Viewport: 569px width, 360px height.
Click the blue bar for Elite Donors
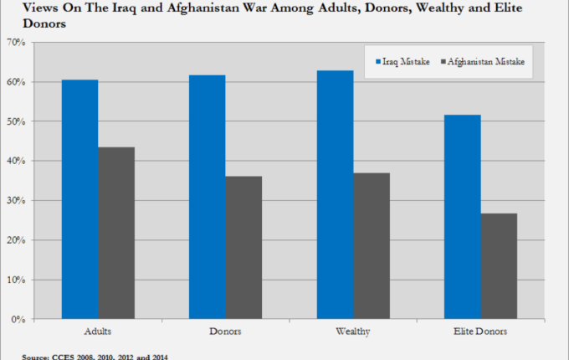[x=462, y=217]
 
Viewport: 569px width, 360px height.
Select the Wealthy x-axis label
[x=353, y=332]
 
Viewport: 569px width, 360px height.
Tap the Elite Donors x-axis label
[x=480, y=332]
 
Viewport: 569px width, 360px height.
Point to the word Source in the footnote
[x=36, y=357]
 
